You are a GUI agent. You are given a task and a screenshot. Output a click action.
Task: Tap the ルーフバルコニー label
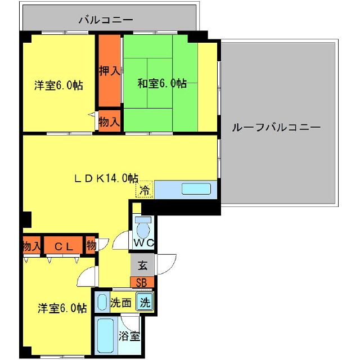(x=276, y=127)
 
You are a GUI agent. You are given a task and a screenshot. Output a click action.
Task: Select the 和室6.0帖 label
(x=162, y=84)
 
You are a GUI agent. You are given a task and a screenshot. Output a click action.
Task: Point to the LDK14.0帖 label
(x=107, y=178)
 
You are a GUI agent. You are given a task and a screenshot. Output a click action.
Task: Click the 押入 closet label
(x=110, y=71)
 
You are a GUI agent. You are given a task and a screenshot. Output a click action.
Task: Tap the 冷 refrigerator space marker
(x=145, y=190)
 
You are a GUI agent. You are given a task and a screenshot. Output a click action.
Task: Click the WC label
(x=144, y=243)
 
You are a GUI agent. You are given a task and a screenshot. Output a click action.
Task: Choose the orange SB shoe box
(x=142, y=282)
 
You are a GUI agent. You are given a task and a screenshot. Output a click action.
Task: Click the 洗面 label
(x=120, y=302)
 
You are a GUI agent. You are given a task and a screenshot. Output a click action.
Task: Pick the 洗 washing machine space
(x=145, y=302)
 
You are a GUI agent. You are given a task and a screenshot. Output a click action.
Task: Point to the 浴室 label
(x=129, y=337)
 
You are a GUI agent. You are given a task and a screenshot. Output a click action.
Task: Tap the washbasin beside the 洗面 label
(x=101, y=302)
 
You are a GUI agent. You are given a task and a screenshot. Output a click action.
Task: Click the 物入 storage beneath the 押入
(x=109, y=121)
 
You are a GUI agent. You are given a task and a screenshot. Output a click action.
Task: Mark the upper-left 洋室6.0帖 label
(x=58, y=85)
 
